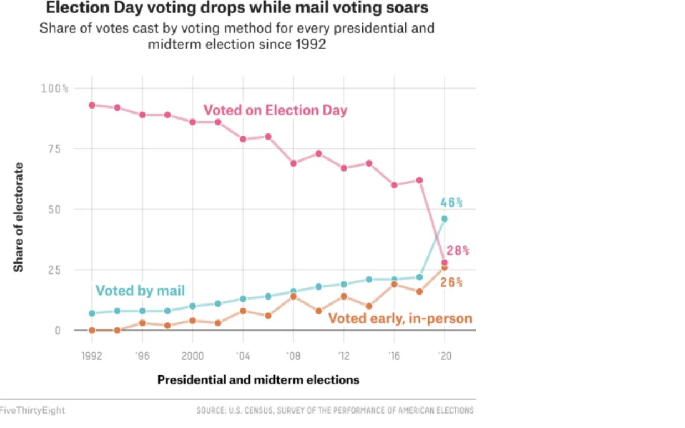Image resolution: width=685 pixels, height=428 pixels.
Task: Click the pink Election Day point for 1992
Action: coord(92,105)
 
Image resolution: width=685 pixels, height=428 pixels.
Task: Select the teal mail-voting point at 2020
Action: coord(444,219)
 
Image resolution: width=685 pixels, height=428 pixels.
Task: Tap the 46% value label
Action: coord(451,203)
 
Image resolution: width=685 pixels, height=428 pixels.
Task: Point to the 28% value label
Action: coord(458,251)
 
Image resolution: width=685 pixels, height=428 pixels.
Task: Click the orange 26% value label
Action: coord(451,283)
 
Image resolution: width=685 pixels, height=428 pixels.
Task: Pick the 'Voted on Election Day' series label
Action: coord(275,110)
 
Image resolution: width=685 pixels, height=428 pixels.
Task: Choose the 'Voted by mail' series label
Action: coord(140,291)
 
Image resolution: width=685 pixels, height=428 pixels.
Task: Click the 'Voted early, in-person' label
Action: coord(400,318)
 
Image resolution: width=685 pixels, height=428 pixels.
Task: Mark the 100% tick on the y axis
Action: coord(55,89)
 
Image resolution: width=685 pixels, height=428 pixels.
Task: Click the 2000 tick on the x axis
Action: coord(193,356)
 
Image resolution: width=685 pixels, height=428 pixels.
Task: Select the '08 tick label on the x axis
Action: coord(293,356)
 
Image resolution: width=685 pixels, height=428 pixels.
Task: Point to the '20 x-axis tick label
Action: coord(444,356)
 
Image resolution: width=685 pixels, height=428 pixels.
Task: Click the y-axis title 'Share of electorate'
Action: coord(19,217)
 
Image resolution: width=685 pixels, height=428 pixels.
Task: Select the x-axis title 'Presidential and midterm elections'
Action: coord(258,380)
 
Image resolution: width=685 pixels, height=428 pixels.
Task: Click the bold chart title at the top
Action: coord(236,8)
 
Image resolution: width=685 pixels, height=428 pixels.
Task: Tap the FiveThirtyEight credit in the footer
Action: coord(32,410)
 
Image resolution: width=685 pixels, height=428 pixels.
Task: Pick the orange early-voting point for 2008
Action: coord(293,296)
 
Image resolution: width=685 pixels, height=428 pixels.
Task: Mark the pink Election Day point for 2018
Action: coord(419,180)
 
